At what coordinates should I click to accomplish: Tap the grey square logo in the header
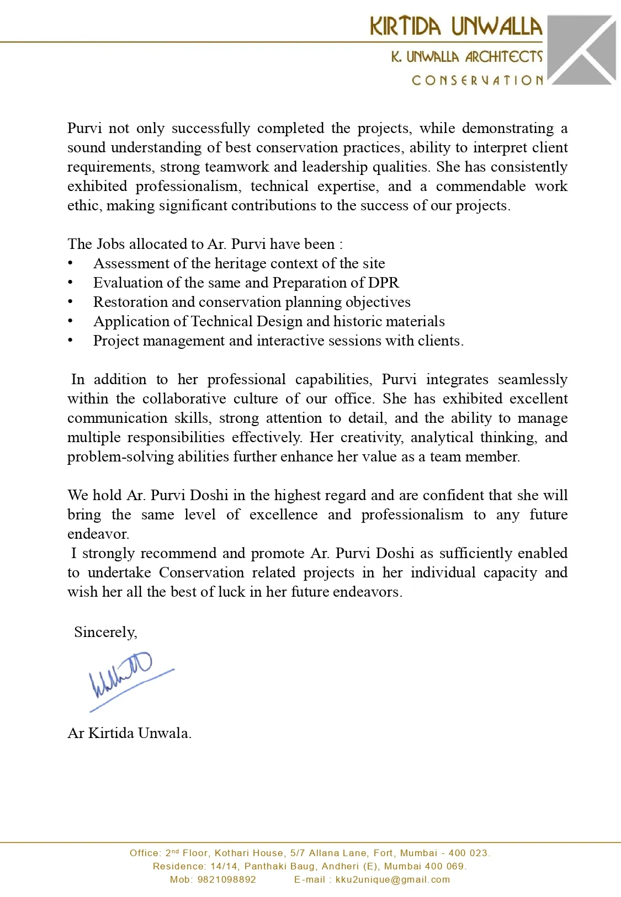coord(582,50)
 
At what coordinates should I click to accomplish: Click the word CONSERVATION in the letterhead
coord(477,81)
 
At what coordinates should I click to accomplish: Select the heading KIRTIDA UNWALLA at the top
coord(456,26)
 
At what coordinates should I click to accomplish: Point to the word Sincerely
coord(105,632)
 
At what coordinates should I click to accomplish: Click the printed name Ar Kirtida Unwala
coord(129,733)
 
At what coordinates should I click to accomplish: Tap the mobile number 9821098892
coord(226,879)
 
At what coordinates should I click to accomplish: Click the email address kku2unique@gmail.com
coord(392,879)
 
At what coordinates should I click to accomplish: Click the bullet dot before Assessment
coord(71,263)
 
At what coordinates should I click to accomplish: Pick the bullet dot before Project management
coord(71,341)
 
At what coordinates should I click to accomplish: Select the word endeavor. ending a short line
coord(98,534)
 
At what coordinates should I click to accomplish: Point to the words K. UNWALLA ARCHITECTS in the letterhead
coord(466,57)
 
